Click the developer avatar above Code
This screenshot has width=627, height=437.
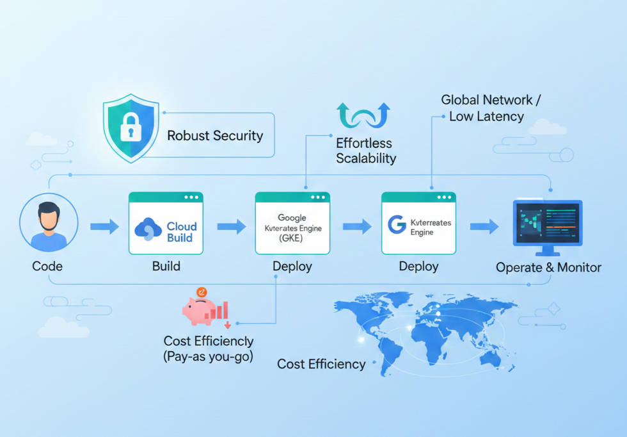(x=49, y=225)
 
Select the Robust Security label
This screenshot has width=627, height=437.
(x=215, y=136)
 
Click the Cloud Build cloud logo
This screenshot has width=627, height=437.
(x=150, y=229)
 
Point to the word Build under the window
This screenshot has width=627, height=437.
(x=166, y=267)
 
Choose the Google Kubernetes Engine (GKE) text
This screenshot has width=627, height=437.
(x=292, y=228)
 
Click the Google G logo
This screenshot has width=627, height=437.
(x=397, y=225)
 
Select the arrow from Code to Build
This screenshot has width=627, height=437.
(x=104, y=226)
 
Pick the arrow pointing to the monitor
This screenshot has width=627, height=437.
(x=484, y=226)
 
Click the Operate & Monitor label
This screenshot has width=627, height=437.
(x=548, y=267)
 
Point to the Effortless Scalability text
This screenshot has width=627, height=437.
(x=366, y=151)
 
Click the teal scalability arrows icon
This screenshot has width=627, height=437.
(x=363, y=116)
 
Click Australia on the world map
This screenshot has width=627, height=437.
(x=487, y=358)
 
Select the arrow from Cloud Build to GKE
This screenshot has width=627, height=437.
(x=232, y=226)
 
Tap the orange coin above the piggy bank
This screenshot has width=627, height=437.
(x=202, y=292)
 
